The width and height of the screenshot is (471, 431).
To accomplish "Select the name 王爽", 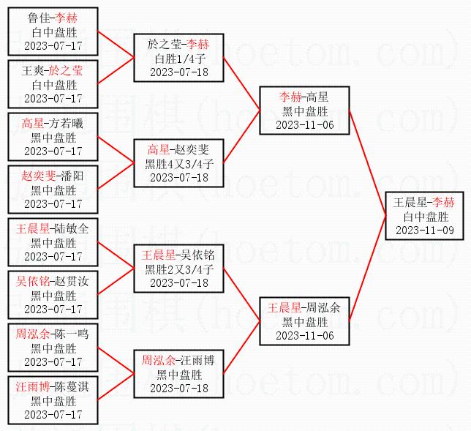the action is (33, 70).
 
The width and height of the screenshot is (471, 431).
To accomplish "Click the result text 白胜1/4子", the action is (179, 59).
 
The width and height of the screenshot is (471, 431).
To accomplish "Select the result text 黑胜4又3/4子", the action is (179, 163).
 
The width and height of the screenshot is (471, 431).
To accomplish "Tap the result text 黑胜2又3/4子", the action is (179, 269).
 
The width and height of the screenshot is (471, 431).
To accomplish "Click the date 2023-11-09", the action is (425, 230).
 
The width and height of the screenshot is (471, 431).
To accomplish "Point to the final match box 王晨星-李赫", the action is (425, 216).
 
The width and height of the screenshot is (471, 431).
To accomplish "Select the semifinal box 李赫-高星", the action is (305, 110).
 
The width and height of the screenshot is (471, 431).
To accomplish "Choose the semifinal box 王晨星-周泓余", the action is (305, 321).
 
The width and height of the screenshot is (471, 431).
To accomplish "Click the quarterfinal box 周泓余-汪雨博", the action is (179, 373).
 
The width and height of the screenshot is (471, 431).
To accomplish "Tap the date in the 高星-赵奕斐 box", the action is (179, 177).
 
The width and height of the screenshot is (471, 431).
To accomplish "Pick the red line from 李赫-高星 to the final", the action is (367, 162).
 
